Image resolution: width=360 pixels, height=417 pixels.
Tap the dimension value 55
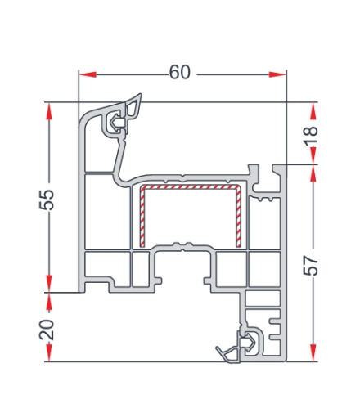[47, 198]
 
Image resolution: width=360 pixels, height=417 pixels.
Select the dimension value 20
[47, 330]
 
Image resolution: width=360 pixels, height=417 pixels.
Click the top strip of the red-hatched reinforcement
[189, 188]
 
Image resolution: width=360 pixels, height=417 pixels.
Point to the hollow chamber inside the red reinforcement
[189, 217]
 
